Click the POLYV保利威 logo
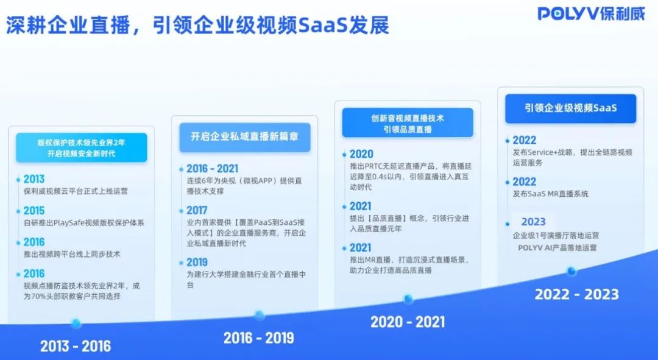tap(590, 13)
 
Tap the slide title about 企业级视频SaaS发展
tap(198, 26)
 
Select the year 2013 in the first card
tap(34, 179)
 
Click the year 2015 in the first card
tap(34, 211)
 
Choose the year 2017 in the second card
tap(197, 210)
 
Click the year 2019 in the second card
tap(197, 263)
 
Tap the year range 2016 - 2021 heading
tap(212, 169)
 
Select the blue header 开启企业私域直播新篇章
tap(244, 137)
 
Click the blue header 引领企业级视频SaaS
tap(570, 108)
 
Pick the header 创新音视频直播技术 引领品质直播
tap(408, 123)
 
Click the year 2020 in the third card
tap(361, 154)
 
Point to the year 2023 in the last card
tap(533, 222)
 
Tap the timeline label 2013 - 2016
tap(76, 347)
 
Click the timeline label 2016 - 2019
tap(258, 337)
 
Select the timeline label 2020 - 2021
tap(408, 322)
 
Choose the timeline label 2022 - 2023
tap(576, 295)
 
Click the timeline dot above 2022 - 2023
tap(571, 271)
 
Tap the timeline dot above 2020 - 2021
tap(408, 298)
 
